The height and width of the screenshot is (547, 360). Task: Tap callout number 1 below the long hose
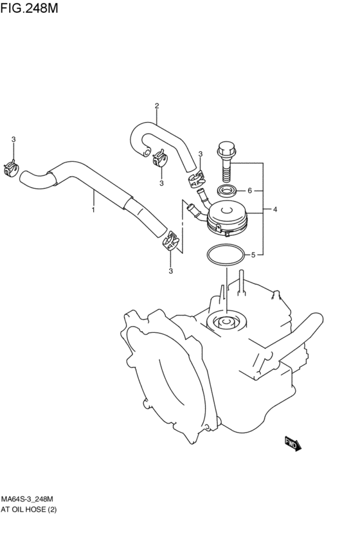(x=93, y=210)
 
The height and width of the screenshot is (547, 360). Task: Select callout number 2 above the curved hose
(x=157, y=105)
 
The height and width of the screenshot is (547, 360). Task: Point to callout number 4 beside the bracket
(x=275, y=210)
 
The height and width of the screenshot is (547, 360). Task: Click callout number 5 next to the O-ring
(x=253, y=255)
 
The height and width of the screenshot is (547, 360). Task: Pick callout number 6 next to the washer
(x=250, y=190)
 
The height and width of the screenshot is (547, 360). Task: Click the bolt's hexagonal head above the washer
(x=226, y=148)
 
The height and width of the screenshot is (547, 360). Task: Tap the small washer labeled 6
(x=227, y=190)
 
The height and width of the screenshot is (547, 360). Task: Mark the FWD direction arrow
(x=292, y=444)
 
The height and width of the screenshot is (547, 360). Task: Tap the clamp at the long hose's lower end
(x=172, y=240)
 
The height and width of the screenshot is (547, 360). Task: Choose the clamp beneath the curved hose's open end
(x=160, y=157)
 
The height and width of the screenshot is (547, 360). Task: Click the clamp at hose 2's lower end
(x=197, y=179)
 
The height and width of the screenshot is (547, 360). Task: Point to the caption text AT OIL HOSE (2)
(x=28, y=510)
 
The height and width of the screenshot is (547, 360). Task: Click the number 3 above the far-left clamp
(x=14, y=139)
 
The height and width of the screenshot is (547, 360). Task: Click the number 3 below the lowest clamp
(x=171, y=271)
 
